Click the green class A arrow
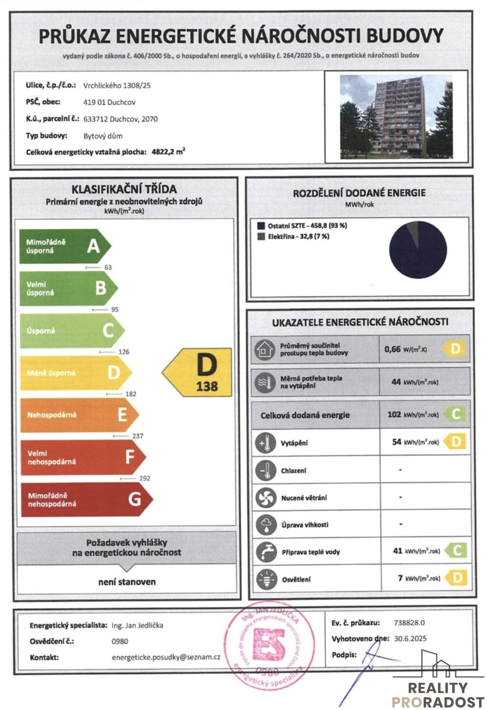click(64, 246)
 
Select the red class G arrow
click(86, 500)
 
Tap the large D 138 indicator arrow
click(199, 372)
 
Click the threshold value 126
click(124, 352)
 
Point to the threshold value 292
click(145, 478)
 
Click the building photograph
click(396, 116)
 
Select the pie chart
click(418, 249)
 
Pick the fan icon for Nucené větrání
click(265, 498)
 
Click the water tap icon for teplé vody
click(266, 552)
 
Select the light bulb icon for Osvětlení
click(266, 579)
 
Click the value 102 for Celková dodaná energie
click(394, 414)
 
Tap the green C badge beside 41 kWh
click(457, 551)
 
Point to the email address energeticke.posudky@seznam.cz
click(166, 657)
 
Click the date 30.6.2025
click(410, 639)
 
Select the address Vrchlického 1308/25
click(117, 86)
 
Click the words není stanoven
click(127, 581)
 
